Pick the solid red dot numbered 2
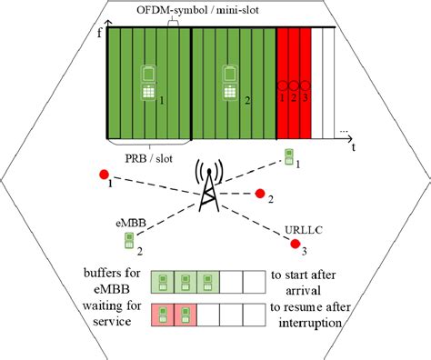pyautogui.click(x=260, y=193)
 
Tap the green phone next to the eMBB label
pyautogui.click(x=128, y=240)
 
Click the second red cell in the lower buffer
pyautogui.click(x=185, y=315)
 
